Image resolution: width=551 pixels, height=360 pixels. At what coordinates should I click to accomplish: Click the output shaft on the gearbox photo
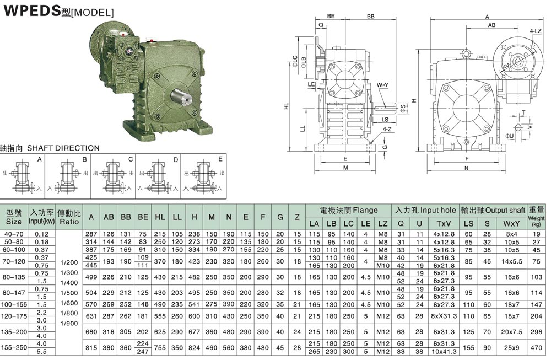pyautogui.click(x=182, y=96)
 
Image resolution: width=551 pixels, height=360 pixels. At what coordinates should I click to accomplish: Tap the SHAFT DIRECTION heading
pyautogui.click(x=50, y=148)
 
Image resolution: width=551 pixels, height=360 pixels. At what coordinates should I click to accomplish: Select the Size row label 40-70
pyautogui.click(x=14, y=234)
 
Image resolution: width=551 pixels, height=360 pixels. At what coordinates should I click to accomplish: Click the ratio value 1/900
pyautogui.click(x=69, y=323)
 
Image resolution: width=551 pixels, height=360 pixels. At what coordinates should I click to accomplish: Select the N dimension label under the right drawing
pyautogui.click(x=466, y=168)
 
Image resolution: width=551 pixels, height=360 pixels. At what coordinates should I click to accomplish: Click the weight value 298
pyautogui.click(x=536, y=332)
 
